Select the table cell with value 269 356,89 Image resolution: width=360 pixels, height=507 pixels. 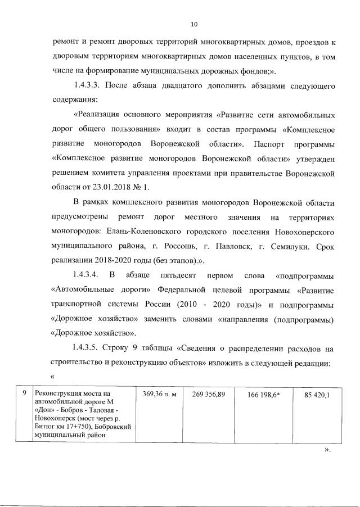(x=208, y=395)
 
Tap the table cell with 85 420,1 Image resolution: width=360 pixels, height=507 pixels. (x=317, y=395)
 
